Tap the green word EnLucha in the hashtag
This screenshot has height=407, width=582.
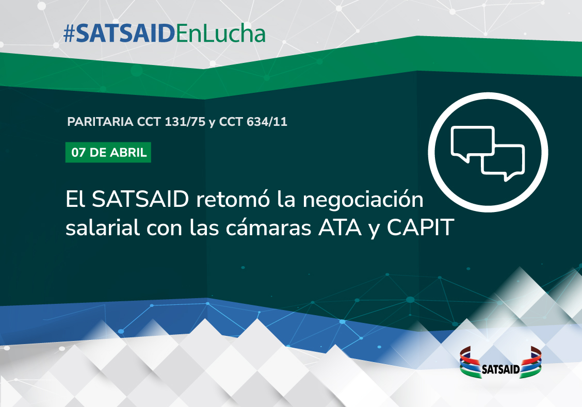click(x=220, y=34)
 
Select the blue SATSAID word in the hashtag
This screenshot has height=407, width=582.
click(x=125, y=34)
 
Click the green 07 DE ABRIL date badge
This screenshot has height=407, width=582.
click(x=108, y=153)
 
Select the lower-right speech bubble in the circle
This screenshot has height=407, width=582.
click(x=504, y=162)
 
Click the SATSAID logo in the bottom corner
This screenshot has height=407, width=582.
click(x=500, y=363)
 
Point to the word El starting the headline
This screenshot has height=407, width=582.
click(x=75, y=199)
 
